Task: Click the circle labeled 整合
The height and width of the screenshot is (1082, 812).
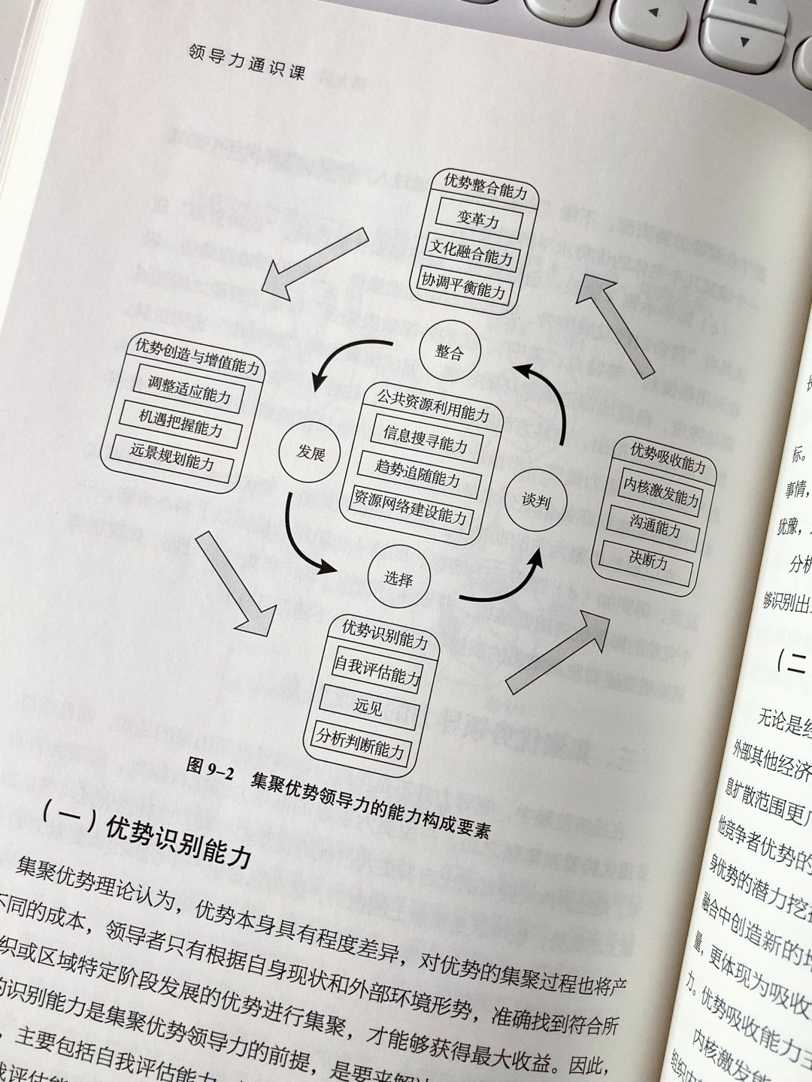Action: click(449, 352)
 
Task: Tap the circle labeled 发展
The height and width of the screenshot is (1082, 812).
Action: click(309, 452)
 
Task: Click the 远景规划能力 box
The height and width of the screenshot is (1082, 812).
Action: click(172, 459)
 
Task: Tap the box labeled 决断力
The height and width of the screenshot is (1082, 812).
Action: click(648, 560)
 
